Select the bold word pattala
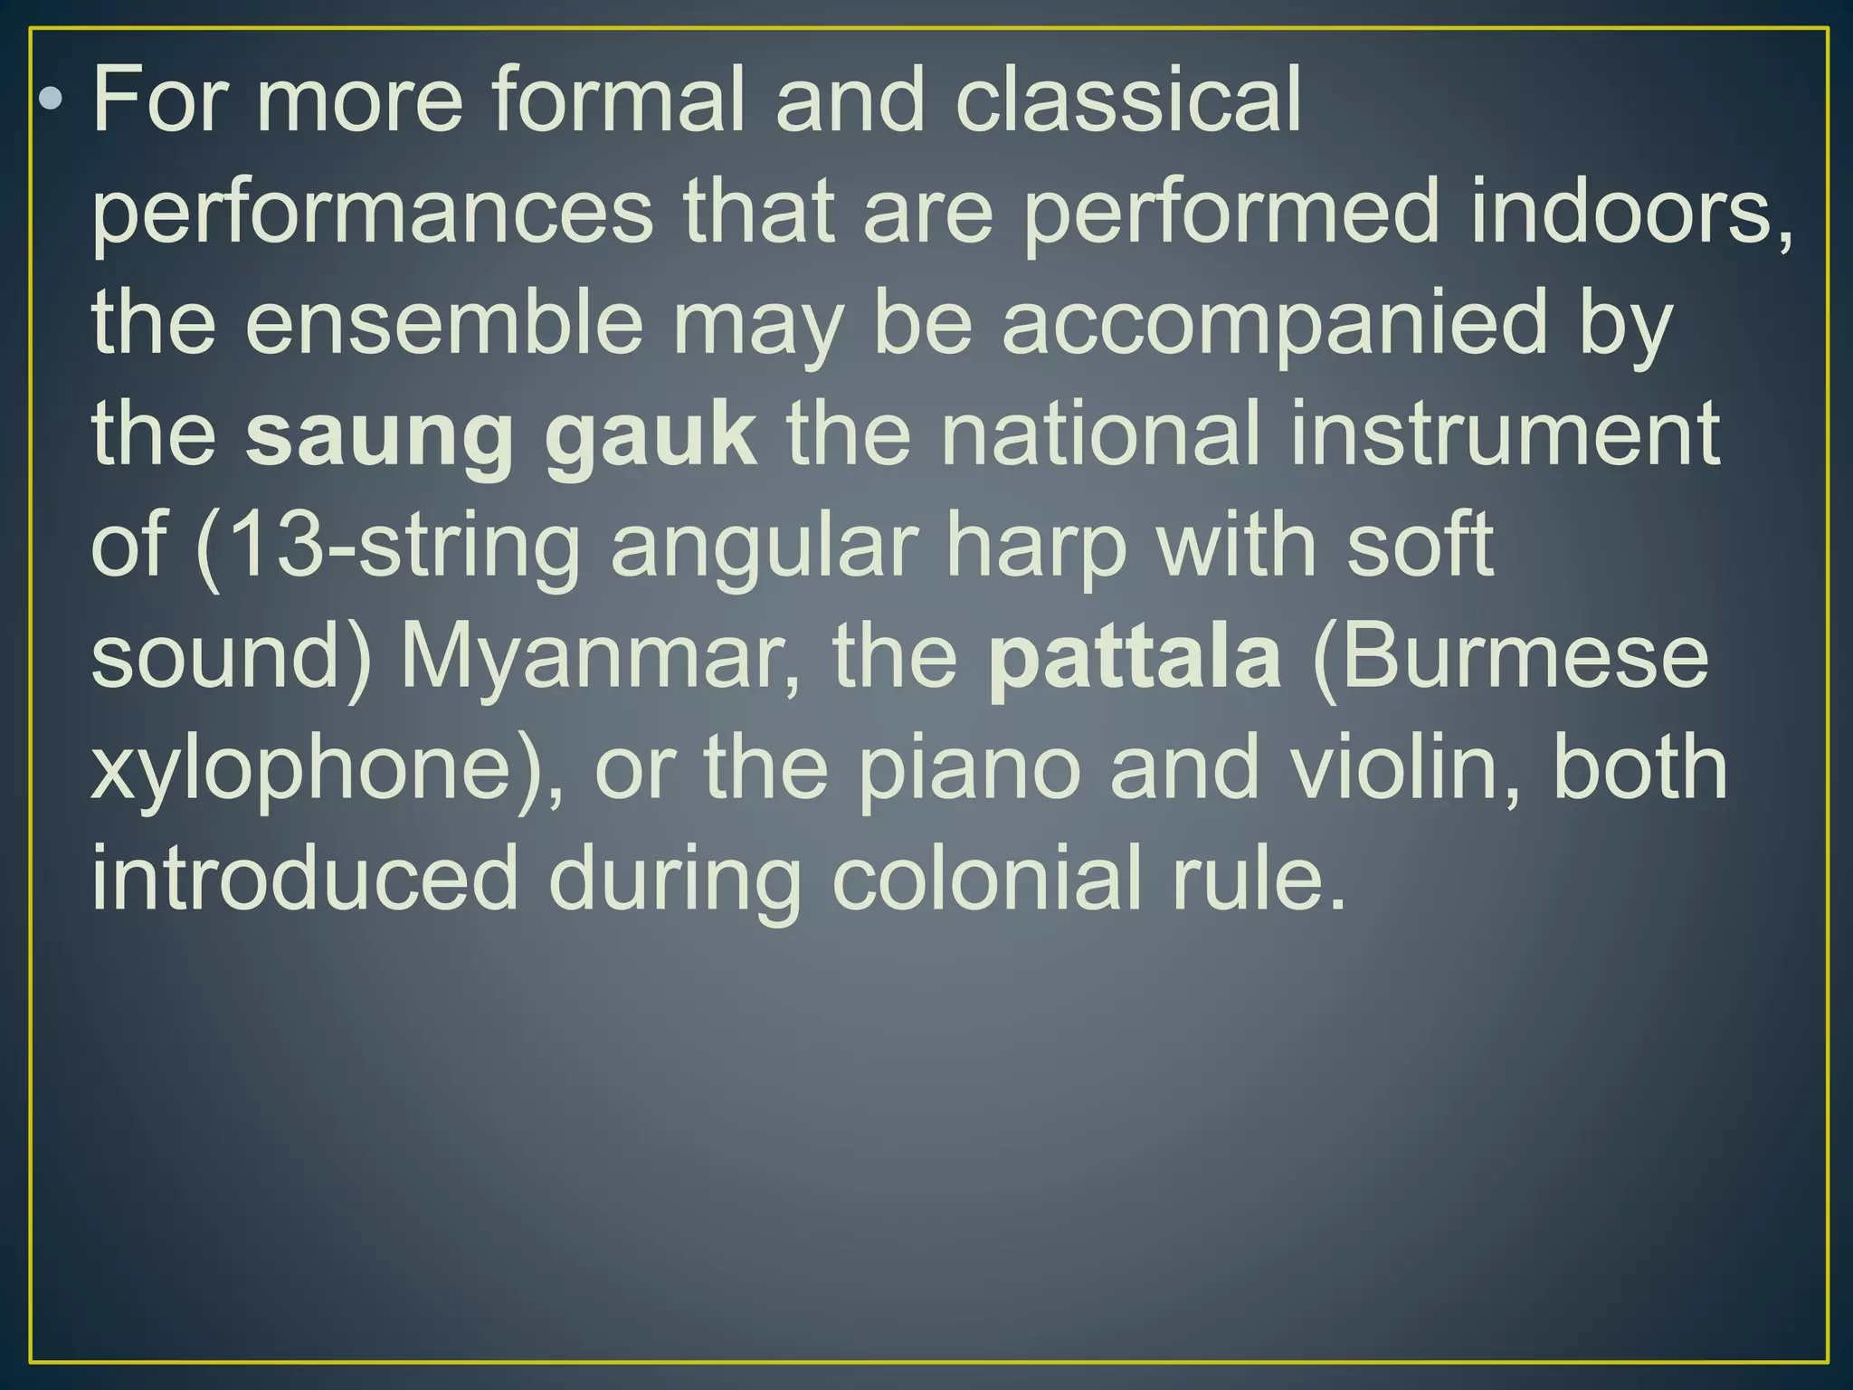1136,656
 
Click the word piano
969,769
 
